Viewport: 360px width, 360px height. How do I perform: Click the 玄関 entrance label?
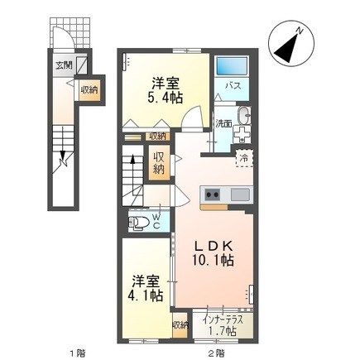coord(63,64)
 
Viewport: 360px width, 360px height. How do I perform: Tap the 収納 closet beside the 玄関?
coord(90,89)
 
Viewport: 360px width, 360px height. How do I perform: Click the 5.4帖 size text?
coord(162,97)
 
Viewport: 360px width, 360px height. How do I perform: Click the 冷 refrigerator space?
coord(244,156)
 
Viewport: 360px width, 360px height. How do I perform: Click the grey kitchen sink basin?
coord(239,195)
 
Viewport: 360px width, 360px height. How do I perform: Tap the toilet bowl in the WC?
coord(142,221)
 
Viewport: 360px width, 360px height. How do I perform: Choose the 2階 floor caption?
coord(217,353)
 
